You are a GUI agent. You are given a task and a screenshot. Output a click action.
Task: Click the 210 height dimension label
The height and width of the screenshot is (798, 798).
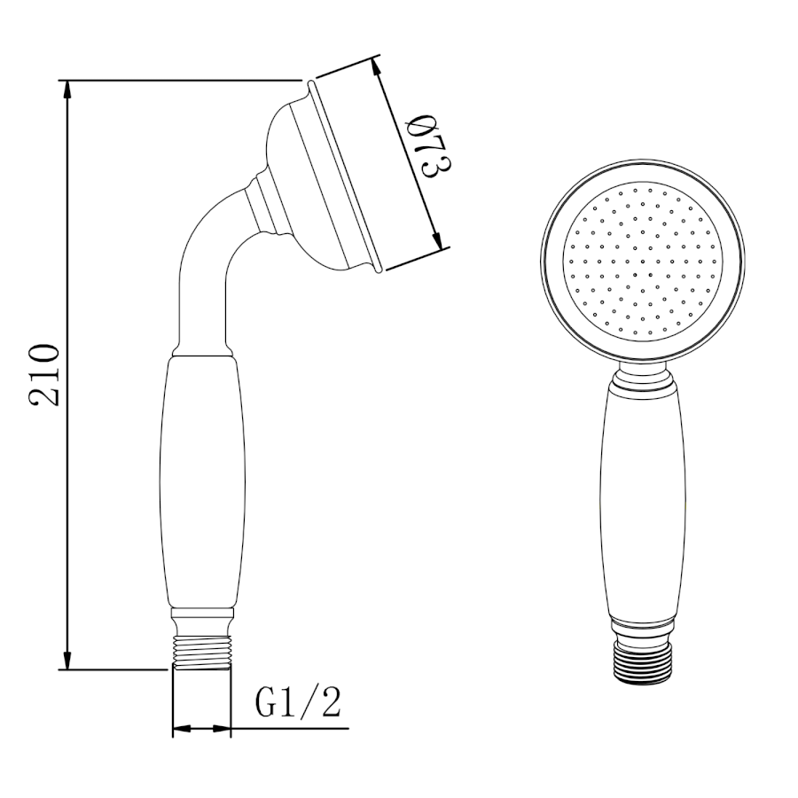[45, 375]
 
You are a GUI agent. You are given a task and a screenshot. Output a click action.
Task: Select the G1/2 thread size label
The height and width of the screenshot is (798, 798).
[298, 702]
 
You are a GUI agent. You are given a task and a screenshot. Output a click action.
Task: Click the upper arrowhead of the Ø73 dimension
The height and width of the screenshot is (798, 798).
[377, 68]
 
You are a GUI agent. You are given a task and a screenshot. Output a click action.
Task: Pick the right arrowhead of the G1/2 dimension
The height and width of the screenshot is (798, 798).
[221, 729]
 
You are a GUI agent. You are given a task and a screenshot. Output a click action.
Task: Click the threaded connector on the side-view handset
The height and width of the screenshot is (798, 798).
[202, 653]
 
